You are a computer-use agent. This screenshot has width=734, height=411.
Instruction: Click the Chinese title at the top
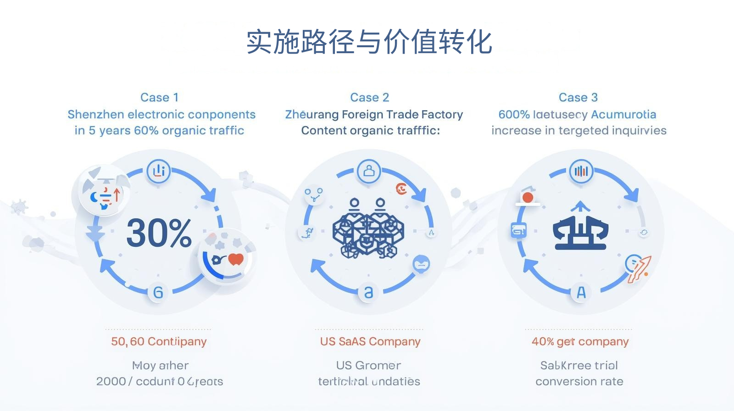click(x=369, y=42)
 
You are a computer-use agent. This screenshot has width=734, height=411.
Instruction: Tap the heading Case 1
click(x=159, y=97)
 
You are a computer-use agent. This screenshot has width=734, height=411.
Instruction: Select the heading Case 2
click(x=369, y=97)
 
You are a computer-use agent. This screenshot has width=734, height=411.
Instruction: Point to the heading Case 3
click(x=578, y=97)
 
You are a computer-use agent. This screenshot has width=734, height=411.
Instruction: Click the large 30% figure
click(x=159, y=233)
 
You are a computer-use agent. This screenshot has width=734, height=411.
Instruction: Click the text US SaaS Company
click(x=370, y=341)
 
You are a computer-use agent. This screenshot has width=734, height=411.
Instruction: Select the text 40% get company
click(x=580, y=341)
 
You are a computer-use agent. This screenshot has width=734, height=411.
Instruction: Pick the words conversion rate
click(x=579, y=381)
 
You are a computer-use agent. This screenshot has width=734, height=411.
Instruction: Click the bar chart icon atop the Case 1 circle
click(x=159, y=171)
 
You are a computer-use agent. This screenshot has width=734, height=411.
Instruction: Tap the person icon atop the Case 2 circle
click(x=369, y=171)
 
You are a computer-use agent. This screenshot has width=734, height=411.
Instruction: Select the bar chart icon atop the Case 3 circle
click(x=581, y=171)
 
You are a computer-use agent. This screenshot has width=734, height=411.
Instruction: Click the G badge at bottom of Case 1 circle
click(x=158, y=292)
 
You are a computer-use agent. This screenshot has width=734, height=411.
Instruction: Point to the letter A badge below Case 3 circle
click(x=581, y=292)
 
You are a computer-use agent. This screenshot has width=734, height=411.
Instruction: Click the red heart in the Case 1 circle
click(x=236, y=259)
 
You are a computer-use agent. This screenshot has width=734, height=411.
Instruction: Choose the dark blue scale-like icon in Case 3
click(x=581, y=228)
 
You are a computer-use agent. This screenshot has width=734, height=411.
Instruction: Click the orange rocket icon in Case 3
click(x=639, y=269)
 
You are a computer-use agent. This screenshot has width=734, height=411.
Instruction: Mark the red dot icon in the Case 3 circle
click(x=528, y=197)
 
